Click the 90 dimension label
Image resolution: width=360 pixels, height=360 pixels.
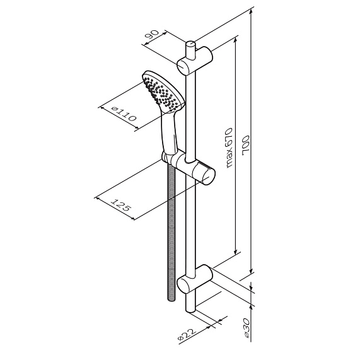[x=152, y=35]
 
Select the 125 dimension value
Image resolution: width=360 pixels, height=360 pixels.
[x=121, y=204]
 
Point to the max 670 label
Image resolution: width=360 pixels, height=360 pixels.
[x=229, y=148]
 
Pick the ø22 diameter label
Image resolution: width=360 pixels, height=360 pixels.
[x=187, y=335]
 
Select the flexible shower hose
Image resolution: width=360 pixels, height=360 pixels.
[x=171, y=232]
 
